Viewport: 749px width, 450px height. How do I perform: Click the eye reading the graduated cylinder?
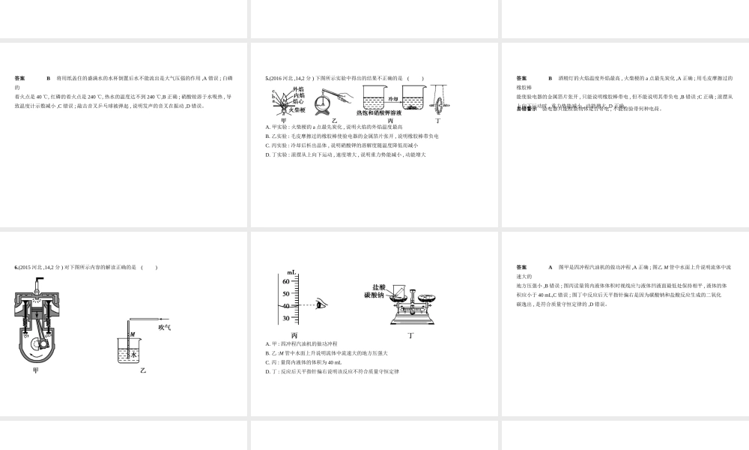tap(321, 304)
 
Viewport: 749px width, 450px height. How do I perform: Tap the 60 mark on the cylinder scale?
tap(285, 280)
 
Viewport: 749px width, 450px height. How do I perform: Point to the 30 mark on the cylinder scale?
tap(285, 318)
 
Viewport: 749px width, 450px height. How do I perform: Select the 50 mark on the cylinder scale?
tap(285, 293)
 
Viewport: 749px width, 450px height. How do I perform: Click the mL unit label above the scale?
tap(291, 271)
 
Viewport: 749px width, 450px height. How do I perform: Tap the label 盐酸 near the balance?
tap(379, 287)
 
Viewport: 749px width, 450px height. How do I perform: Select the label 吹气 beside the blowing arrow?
tap(165, 327)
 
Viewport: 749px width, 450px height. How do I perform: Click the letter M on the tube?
tap(132, 334)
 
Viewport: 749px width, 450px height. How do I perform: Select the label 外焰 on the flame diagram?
tap(299, 88)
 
